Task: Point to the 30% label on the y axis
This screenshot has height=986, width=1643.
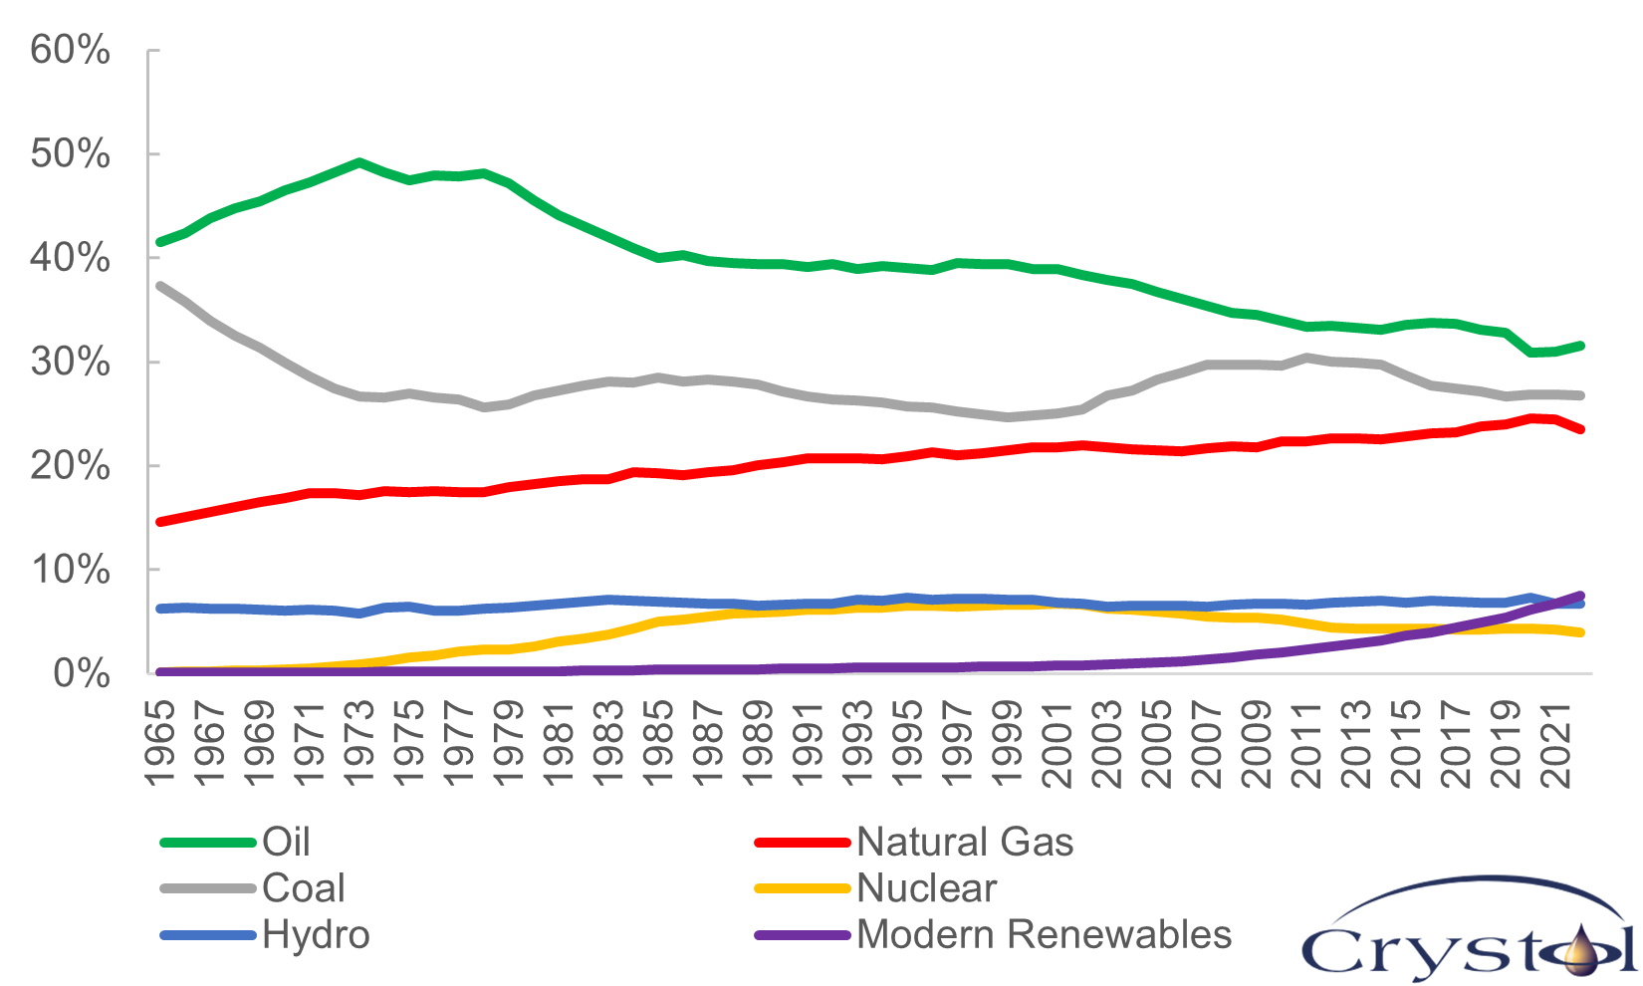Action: [x=70, y=362]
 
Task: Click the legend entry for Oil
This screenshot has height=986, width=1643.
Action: [x=286, y=843]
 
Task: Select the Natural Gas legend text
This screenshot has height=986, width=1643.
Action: [x=964, y=843]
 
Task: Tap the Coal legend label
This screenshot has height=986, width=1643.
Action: [x=303, y=888]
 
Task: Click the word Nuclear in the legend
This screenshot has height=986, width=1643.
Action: [x=926, y=888]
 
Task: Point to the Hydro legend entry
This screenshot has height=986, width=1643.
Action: [x=316, y=935]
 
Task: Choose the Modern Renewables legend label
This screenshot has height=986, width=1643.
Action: [x=1044, y=935]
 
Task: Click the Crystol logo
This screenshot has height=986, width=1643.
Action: [x=1470, y=931]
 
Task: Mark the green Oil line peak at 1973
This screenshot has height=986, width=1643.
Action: [x=359, y=162]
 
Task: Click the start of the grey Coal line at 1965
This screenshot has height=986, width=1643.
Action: [x=160, y=286]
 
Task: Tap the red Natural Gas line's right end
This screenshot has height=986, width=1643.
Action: [x=1580, y=429]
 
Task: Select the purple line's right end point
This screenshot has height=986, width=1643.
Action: [x=1580, y=596]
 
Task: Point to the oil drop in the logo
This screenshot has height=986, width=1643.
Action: [x=1579, y=951]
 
